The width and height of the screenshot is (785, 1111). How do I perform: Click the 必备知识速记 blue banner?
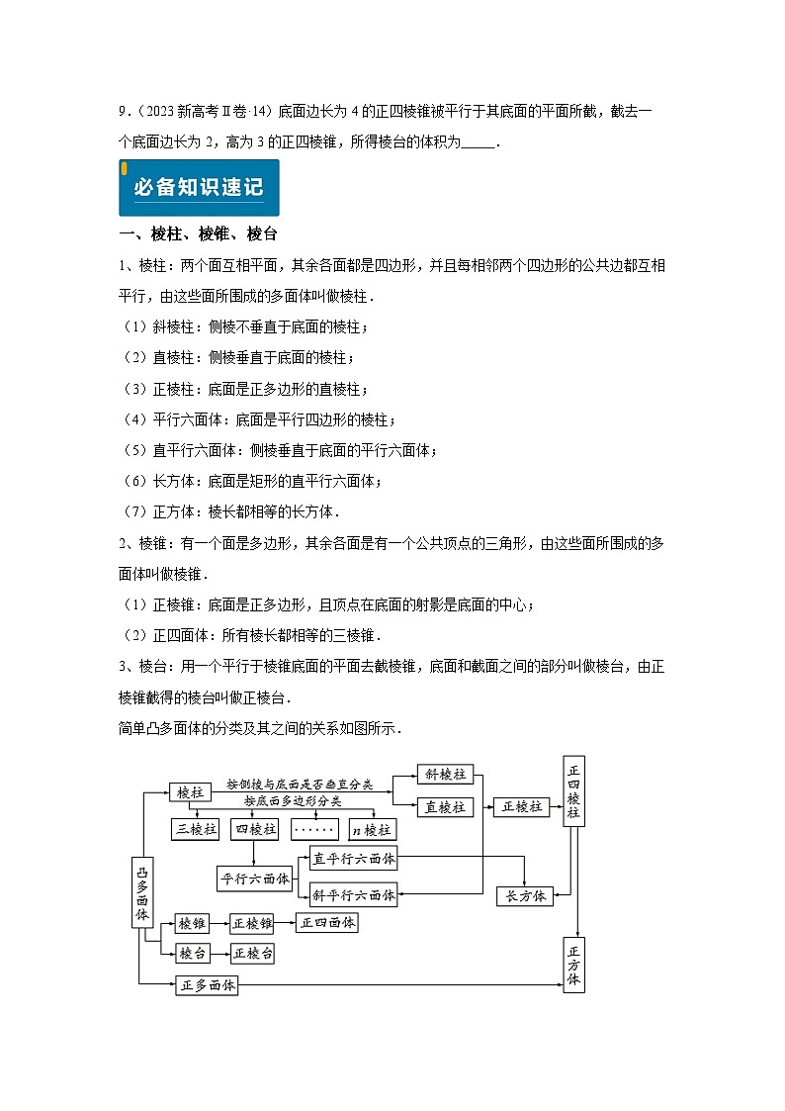tap(199, 187)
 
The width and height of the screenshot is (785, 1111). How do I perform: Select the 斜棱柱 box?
tap(443, 775)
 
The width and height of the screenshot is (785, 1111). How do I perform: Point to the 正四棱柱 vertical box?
tap(573, 791)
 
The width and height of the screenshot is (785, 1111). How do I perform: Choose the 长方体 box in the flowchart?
tap(525, 896)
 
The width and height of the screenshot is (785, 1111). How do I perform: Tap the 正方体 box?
tap(573, 965)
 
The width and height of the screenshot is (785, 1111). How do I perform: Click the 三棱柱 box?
tap(195, 829)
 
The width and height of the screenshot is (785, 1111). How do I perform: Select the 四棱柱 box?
tap(254, 829)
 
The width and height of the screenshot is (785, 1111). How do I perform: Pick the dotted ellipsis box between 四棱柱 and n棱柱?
tap(315, 829)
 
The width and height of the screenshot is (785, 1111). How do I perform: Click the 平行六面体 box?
tap(254, 878)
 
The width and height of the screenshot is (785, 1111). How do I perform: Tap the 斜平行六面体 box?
tap(353, 895)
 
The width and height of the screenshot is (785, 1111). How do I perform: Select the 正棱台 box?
tap(252, 954)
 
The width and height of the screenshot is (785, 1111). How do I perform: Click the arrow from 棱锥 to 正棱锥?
tap(219, 924)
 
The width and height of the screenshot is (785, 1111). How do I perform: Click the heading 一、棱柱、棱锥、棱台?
tap(197, 234)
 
